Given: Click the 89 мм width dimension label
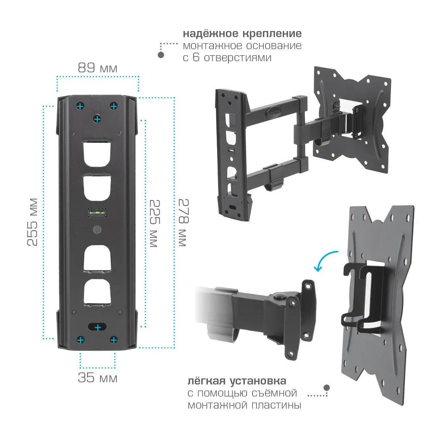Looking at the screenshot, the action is [97, 68].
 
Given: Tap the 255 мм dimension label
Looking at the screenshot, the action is [32, 222].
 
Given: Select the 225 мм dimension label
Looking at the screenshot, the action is [155, 223].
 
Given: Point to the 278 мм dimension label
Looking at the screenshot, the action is [183, 222].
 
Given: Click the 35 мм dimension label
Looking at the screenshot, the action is [97, 378].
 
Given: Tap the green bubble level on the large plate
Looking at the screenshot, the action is [97, 212].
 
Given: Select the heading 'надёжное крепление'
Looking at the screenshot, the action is [242, 33].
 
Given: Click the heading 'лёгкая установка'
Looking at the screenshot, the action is [237, 381].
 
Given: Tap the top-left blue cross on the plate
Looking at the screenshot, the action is [80, 106].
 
